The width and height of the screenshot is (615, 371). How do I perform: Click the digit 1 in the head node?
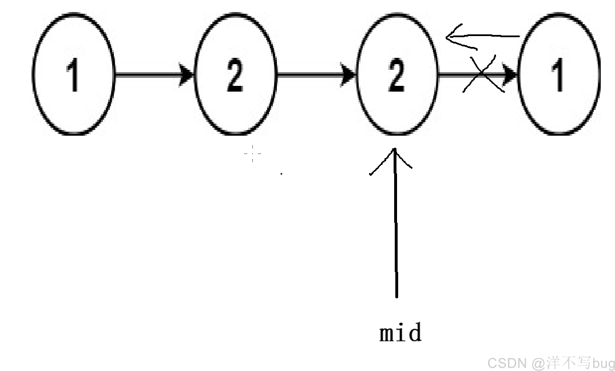73,76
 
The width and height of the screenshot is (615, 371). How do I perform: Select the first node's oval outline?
33,74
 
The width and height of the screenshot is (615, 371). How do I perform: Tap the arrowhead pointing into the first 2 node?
187,74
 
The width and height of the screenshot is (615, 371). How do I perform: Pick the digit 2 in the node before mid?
235,76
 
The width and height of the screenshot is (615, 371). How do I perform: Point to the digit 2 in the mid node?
396,76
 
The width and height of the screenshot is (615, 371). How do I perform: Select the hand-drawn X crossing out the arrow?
482,74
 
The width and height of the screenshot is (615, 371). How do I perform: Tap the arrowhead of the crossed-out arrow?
510,74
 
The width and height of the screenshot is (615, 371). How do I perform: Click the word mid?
400,333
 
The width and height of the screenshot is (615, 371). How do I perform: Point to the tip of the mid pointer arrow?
395,148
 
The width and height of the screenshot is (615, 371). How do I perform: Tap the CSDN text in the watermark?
507,363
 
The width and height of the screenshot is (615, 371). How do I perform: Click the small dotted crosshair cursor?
253,153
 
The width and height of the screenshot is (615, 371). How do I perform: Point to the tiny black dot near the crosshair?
281,173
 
